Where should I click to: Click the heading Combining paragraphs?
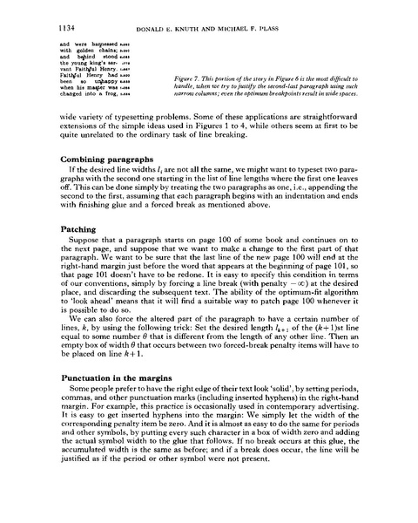[x=107, y=160]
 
